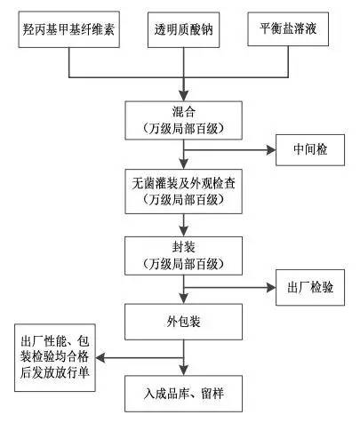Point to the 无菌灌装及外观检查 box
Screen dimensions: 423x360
click(x=183, y=191)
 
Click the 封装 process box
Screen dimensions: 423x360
click(x=183, y=256)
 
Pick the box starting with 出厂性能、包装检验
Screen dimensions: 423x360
click(x=56, y=359)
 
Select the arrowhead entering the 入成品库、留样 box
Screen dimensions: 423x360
click(x=183, y=371)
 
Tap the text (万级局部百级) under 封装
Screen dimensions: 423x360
click(x=183, y=265)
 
